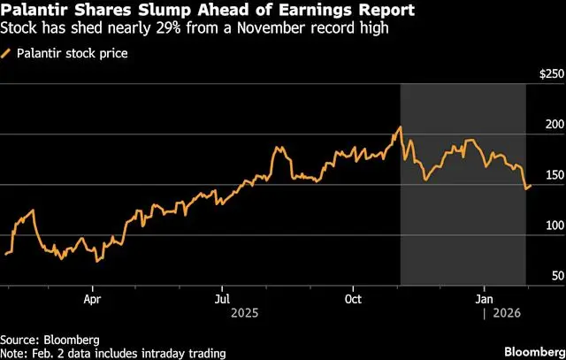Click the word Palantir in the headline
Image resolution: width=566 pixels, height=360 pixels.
(x=33, y=12)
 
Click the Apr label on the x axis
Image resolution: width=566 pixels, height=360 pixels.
(x=92, y=299)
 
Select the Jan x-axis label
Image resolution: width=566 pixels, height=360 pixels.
(x=484, y=299)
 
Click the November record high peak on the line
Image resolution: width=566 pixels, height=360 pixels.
(x=400, y=127)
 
